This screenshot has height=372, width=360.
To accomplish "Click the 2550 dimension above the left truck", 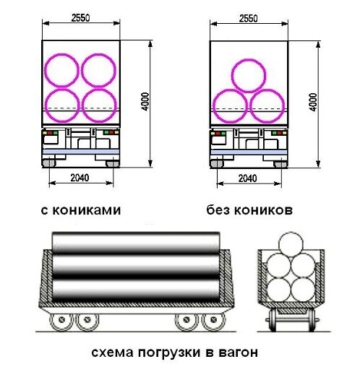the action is coord(80,18).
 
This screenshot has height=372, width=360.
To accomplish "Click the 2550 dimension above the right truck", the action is coord(248,19).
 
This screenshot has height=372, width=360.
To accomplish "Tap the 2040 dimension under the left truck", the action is coord(80,178).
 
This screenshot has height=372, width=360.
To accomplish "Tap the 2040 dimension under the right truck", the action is coord(247,178).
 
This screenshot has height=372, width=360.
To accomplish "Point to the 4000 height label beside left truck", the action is coord(145,101).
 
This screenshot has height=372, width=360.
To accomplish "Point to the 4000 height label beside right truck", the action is coord(313,102).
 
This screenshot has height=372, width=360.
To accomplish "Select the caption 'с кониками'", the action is coord(81,210).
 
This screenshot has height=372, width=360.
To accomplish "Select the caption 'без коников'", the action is coord(249,209).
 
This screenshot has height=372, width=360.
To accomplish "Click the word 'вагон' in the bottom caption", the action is coord(238,352).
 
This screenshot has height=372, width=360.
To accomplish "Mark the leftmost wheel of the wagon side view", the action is coord(61,320).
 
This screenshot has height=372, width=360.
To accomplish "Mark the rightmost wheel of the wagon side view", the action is coord(213,320).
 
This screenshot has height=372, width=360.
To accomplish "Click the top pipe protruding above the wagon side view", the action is coord(136,242).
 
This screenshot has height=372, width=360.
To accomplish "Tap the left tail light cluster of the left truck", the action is coord(51,133).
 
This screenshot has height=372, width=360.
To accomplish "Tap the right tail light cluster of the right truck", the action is coord(279,133).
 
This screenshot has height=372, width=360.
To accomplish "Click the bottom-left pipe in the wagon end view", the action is coord(279,290).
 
